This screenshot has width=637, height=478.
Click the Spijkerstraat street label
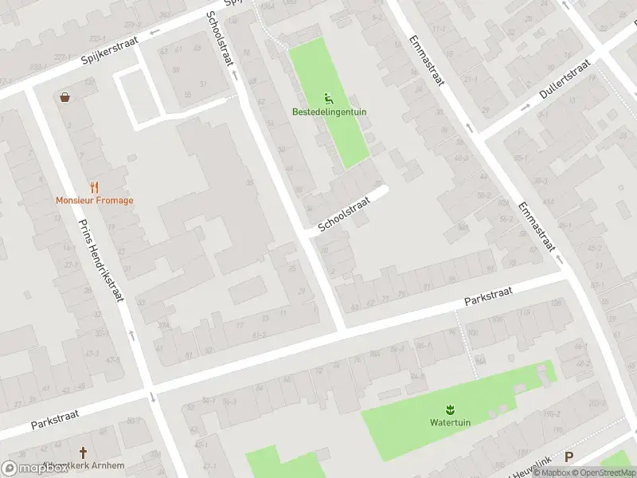[x=110, y=49]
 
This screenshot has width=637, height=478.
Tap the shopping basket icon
[x=64, y=97]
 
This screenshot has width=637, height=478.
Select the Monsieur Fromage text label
[x=94, y=201]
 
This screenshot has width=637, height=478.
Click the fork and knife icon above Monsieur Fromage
[x=94, y=187]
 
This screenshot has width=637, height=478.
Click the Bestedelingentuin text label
[x=329, y=112]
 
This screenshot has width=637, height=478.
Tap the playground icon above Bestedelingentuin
[x=329, y=99]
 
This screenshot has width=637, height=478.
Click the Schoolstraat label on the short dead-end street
[x=344, y=216]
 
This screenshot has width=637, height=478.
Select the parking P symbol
[x=569, y=457]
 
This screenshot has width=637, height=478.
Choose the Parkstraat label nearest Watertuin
[x=488, y=297]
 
